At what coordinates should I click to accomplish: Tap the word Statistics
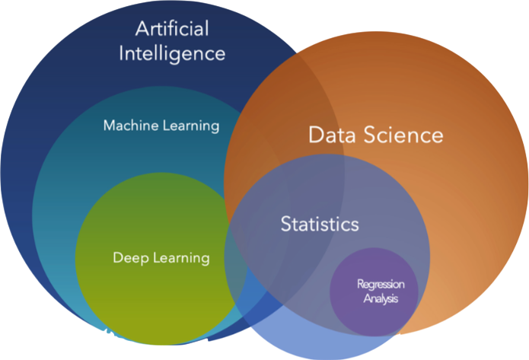[319, 224]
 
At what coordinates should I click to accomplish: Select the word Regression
[381, 285]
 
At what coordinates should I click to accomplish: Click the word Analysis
[381, 298]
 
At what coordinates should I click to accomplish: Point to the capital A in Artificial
[142, 29]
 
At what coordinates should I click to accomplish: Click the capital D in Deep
[117, 258]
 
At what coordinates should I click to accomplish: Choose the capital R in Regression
[360, 285]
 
